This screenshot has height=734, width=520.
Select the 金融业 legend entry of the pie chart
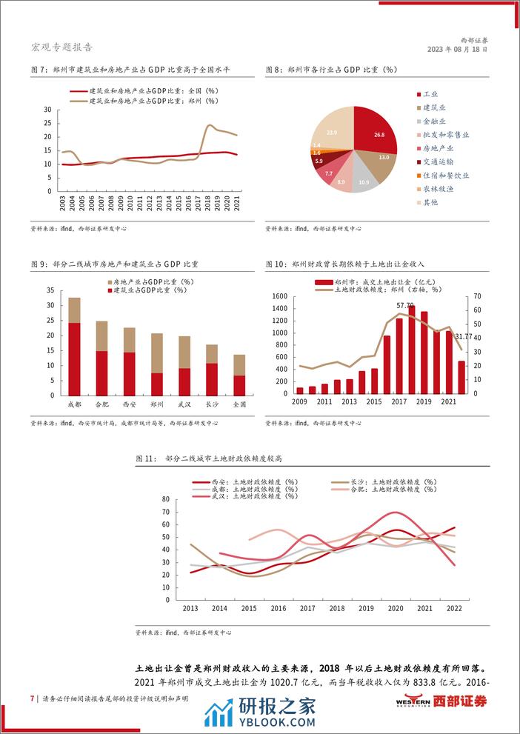[435, 121]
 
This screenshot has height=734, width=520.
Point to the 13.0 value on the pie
[383, 158]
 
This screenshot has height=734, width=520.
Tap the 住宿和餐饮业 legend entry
[445, 176]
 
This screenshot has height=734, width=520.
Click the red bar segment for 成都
[74, 358]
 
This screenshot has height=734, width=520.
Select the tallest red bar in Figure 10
[411, 349]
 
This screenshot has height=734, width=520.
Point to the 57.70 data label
[405, 305]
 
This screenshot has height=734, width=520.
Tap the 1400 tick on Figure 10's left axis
[280, 297]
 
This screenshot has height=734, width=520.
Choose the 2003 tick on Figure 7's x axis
[62, 203]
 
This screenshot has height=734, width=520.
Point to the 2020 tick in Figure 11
[396, 609]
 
